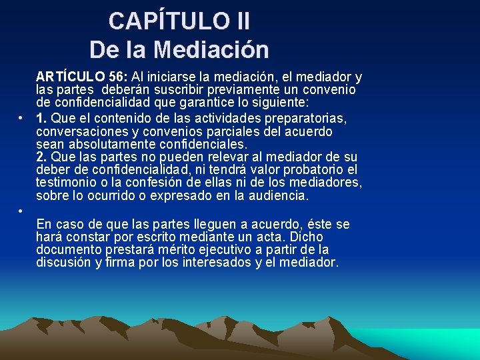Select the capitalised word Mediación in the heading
pos(211,49)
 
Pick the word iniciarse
pos(175,76)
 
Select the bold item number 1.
pos(41,117)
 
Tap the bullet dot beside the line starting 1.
pos(21,117)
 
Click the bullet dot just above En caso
pos(21,211)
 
